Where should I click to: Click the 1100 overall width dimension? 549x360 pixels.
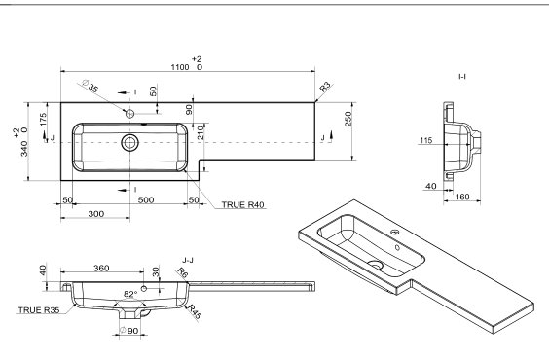[180, 67]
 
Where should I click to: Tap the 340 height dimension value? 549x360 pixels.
[24, 150]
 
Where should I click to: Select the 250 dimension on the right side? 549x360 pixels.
[348, 119]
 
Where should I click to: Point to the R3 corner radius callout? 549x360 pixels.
[325, 86]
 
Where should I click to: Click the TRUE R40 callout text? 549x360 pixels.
[243, 204]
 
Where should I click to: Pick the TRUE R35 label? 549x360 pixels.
[39, 310]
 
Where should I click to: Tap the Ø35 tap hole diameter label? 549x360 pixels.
[90, 86]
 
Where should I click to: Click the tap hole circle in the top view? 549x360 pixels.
[129, 114]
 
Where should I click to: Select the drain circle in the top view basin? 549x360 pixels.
[129, 143]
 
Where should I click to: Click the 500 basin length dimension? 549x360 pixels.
[146, 199]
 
